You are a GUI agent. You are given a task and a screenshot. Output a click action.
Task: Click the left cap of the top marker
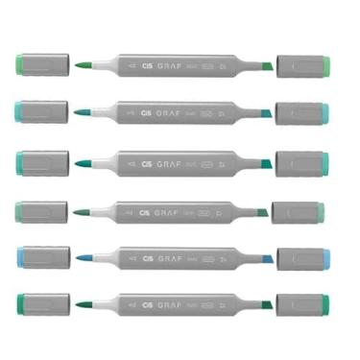pyautogui.click(x=42, y=65)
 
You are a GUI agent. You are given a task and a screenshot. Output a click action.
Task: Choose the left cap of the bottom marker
pyautogui.click(x=42, y=305)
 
